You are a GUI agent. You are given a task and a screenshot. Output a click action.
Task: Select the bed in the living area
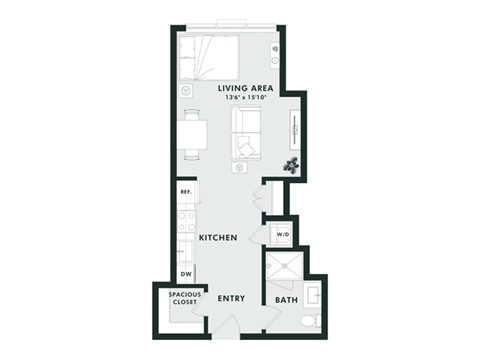tap(209, 57)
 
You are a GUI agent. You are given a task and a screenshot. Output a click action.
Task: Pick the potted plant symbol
tap(292, 163)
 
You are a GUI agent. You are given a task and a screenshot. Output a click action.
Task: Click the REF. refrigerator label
tap(185, 192)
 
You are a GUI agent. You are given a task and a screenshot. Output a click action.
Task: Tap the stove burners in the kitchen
tap(186, 222)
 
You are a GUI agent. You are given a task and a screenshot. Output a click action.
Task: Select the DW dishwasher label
tap(186, 273)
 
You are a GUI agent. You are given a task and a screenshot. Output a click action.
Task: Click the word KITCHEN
tap(217, 238)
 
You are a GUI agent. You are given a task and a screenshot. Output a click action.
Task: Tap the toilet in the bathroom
tap(311, 318)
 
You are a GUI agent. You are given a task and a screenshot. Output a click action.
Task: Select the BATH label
tap(284, 298)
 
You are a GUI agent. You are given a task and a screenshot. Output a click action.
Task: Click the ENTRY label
tap(232, 298)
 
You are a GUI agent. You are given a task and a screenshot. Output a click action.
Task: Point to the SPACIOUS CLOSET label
tap(185, 298)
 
